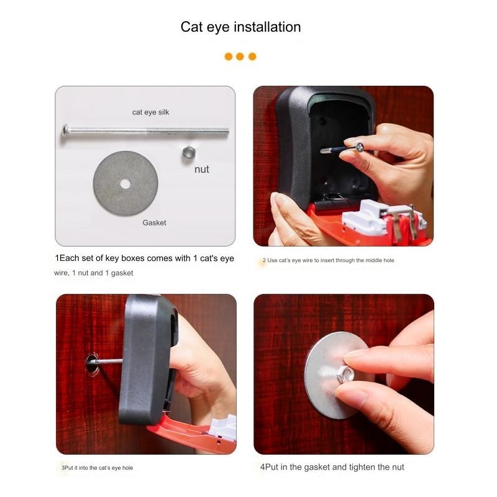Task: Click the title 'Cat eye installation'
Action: click(240, 27)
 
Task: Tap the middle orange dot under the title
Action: click(240, 57)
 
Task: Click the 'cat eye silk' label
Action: click(150, 112)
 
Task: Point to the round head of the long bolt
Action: click(65, 130)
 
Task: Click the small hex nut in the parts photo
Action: click(189, 153)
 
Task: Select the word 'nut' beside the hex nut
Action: click(201, 169)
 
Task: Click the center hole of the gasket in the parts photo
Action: click(125, 184)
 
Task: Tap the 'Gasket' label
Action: click(154, 222)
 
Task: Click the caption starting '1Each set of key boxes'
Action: click(145, 258)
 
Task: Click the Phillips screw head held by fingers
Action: click(360, 147)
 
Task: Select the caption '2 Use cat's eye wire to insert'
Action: click(329, 260)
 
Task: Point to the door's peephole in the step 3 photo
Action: click(92, 363)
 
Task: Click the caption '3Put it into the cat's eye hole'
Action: click(97, 468)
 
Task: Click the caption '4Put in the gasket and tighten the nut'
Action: click(332, 467)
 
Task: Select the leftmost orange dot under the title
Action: click(228, 57)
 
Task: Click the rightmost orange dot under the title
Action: click(252, 57)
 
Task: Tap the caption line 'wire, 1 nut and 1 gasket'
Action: click(94, 273)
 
